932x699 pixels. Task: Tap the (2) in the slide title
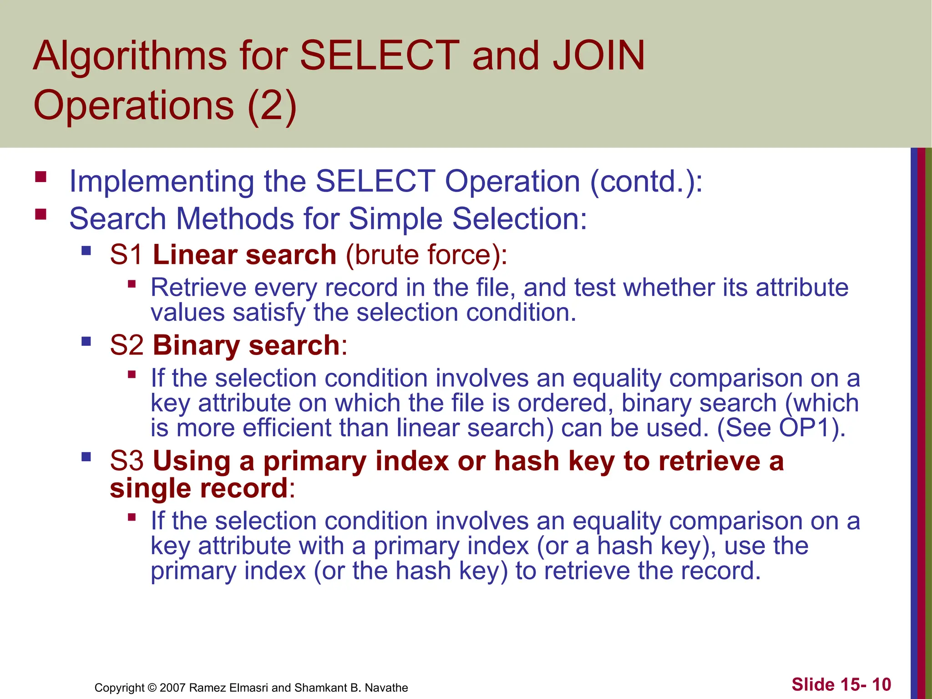coord(272,106)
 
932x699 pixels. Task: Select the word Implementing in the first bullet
coord(161,182)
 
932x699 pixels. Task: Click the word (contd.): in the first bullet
coord(646,182)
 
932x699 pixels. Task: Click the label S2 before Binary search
coord(127,345)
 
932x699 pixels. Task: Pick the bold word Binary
coord(196,345)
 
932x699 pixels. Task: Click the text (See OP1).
coord(781,428)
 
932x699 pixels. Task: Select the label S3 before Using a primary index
coord(127,461)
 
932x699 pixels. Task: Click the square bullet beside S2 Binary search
coord(86,341)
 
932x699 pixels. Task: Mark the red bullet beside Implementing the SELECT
coord(41,177)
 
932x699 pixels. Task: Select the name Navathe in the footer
coord(386,688)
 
